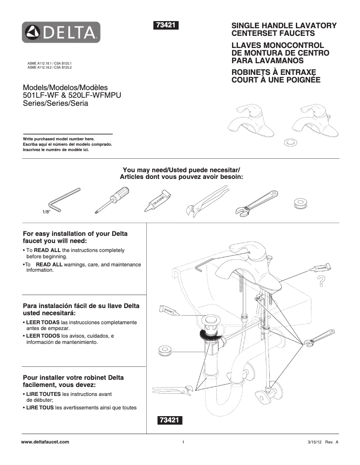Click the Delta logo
pyautogui.click(x=62, y=32)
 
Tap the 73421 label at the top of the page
pyautogui.click(x=167, y=26)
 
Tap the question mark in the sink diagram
pyautogui.click(x=321, y=282)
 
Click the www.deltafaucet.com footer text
pyautogui.click(x=45, y=442)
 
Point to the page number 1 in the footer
pyautogui.click(x=184, y=443)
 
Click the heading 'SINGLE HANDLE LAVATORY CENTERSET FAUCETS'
pyautogui.click(x=283, y=30)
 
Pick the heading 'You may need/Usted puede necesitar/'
pyautogui.click(x=182, y=170)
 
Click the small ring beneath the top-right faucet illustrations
pyautogui.click(x=290, y=142)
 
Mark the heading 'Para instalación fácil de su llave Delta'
pyautogui.click(x=81, y=306)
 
